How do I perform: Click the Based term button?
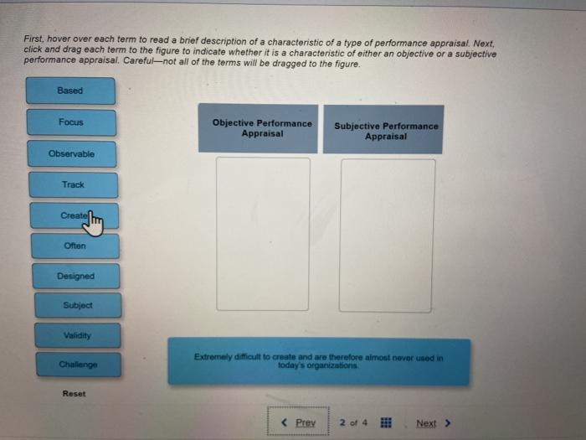(70, 91)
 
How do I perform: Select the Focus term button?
(71, 122)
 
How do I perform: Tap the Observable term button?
(72, 154)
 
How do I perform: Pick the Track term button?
(73, 184)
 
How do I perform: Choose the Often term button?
(75, 246)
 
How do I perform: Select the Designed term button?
(76, 276)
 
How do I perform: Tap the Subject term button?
(77, 306)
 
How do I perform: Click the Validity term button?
(77, 335)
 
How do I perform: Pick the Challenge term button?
(79, 365)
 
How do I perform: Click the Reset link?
(74, 393)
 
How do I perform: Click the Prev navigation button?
(299, 422)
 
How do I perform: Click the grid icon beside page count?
(388, 422)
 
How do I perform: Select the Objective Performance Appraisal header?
(262, 128)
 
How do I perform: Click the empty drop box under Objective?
(263, 234)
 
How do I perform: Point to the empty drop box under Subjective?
(387, 236)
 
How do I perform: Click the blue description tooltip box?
(319, 361)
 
